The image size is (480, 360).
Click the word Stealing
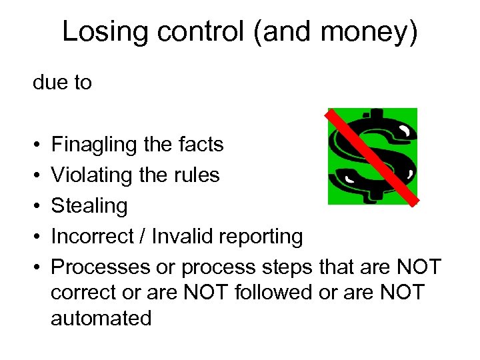click(89, 206)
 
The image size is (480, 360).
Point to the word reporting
click(260, 237)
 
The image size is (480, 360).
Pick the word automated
click(101, 317)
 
